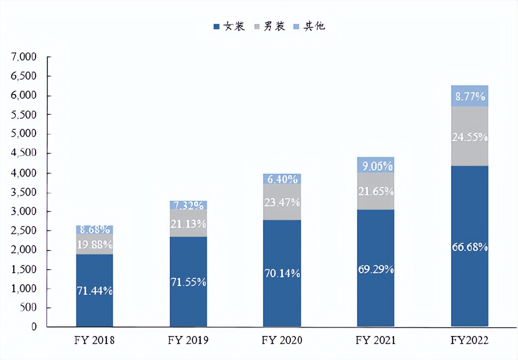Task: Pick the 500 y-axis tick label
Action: click(x=29, y=308)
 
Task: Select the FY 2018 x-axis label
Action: click(x=94, y=340)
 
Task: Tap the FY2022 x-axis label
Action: click(x=469, y=340)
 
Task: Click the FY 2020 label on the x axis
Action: click(x=282, y=340)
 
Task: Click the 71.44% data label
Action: click(x=94, y=291)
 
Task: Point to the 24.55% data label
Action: click(x=469, y=137)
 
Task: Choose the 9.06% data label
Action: click(x=375, y=165)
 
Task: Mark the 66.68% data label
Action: click(x=469, y=247)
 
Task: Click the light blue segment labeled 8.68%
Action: click(x=94, y=229)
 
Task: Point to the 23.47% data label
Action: click(x=282, y=203)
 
